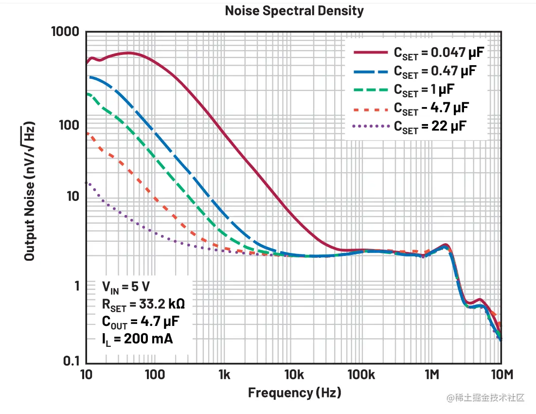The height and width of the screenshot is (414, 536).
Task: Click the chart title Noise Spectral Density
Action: tap(294, 11)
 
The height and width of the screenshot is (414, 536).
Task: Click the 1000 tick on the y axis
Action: tap(65, 32)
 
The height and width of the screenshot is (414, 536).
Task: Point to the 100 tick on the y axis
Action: tap(69, 126)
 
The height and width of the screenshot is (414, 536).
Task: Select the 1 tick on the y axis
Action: tap(77, 285)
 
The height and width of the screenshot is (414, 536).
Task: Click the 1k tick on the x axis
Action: tap(224, 375)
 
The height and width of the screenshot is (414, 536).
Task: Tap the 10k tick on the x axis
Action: tap(294, 375)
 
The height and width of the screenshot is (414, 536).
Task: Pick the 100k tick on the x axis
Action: tap(363, 375)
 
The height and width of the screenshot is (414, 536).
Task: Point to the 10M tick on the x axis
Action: tap(501, 375)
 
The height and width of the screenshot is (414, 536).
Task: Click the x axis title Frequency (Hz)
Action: tap(294, 392)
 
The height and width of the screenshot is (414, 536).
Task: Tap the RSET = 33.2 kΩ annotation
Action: tap(143, 305)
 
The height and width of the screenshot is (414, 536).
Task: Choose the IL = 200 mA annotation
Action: tap(137, 339)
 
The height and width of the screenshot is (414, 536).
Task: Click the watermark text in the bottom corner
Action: tap(486, 397)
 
